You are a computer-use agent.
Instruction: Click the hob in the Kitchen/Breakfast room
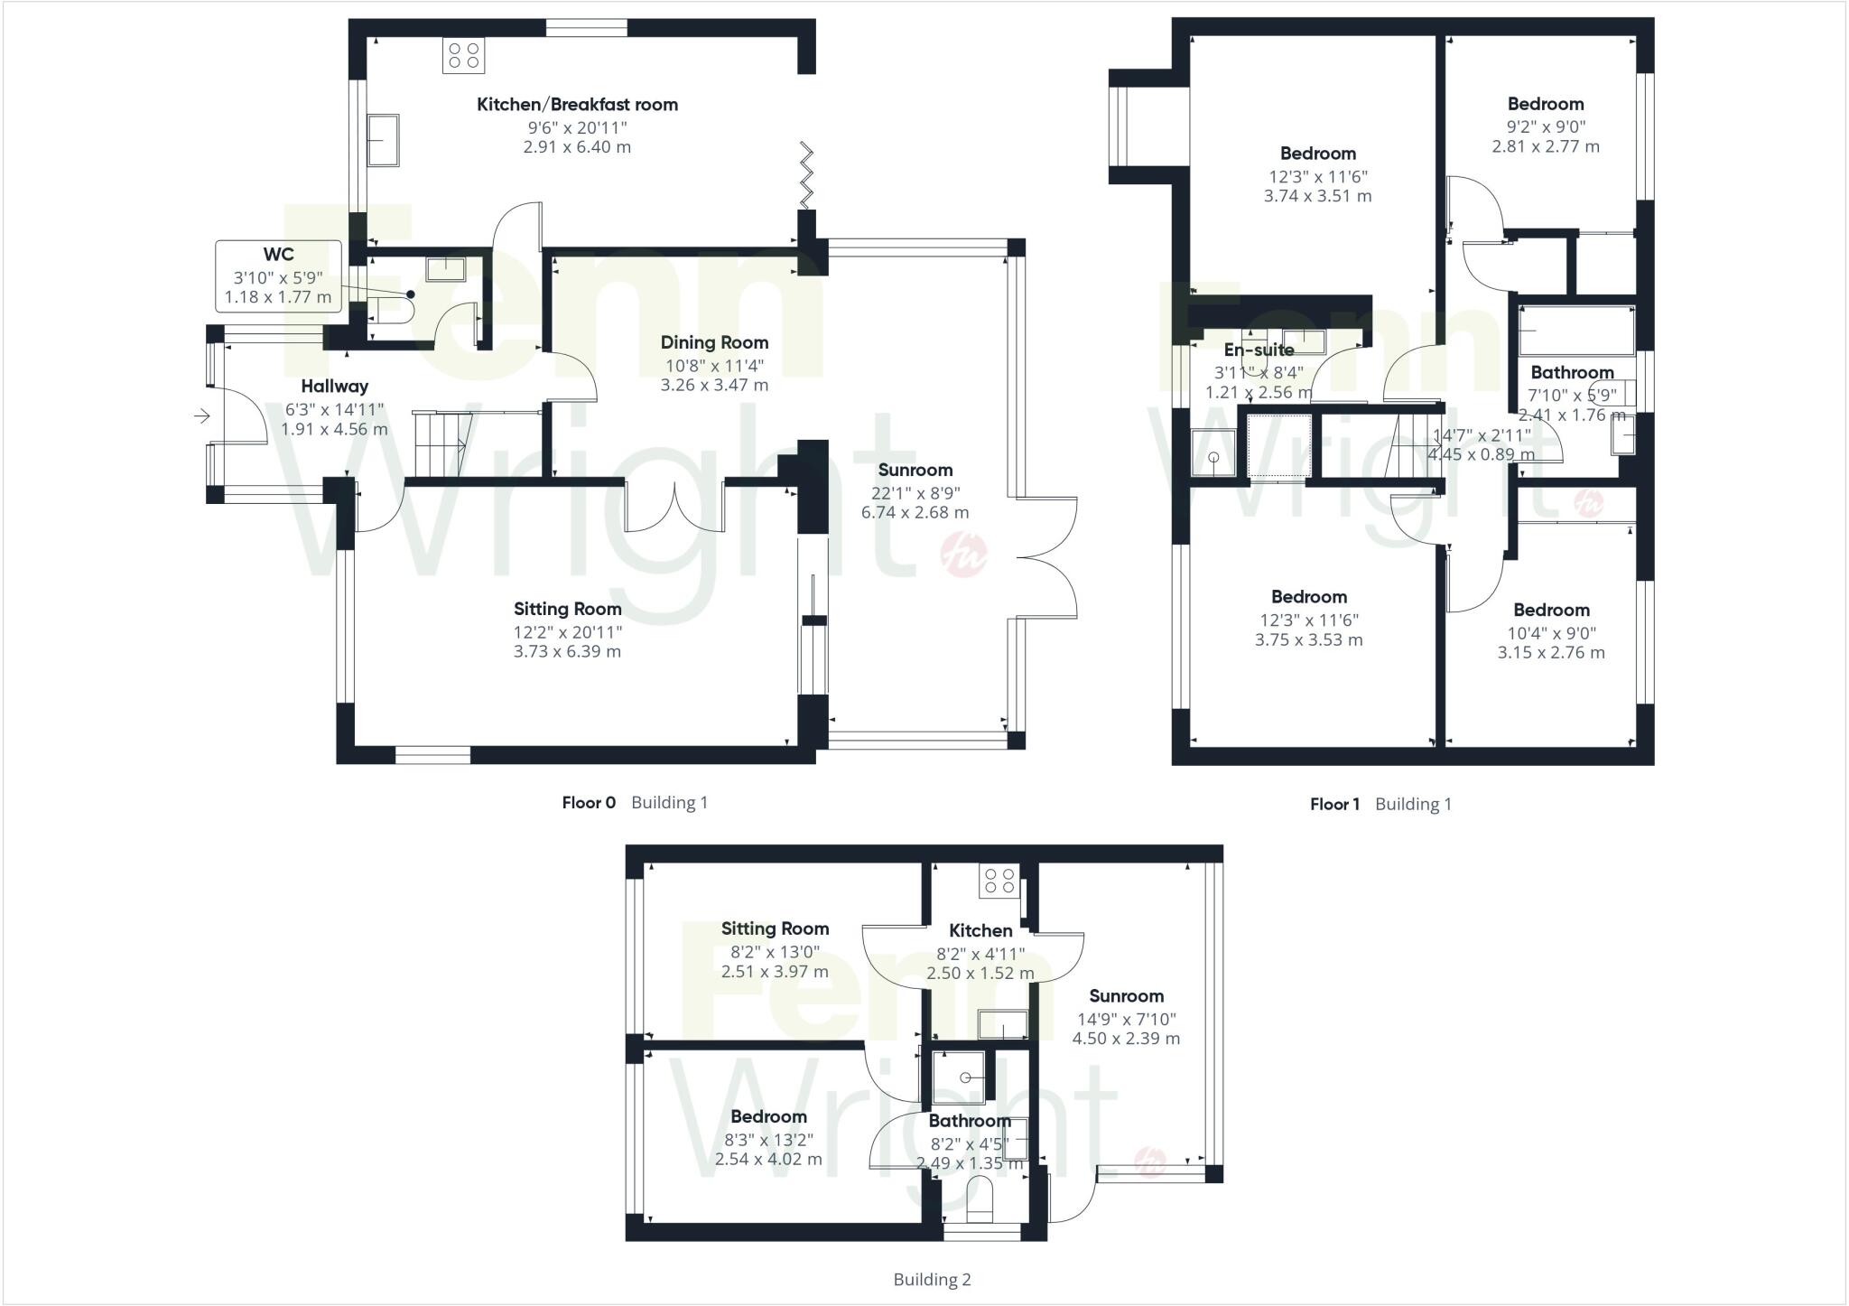pyautogui.click(x=463, y=55)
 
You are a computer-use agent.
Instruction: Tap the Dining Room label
pyautogui.click(x=714, y=342)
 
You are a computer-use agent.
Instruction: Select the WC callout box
pyautogui.click(x=278, y=275)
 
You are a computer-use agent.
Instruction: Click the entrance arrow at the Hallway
pyautogui.click(x=201, y=416)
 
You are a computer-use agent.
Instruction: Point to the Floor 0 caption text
pyautogui.click(x=589, y=802)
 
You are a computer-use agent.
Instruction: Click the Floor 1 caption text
pyautogui.click(x=1334, y=804)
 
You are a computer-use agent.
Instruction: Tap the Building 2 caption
pyautogui.click(x=932, y=1279)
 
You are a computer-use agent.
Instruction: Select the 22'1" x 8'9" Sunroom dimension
pyautogui.click(x=915, y=493)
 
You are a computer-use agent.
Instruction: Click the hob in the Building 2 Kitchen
pyautogui.click(x=999, y=882)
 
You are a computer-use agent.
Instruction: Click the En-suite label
pyautogui.click(x=1259, y=350)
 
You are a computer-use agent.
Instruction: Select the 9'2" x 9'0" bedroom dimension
pyautogui.click(x=1546, y=127)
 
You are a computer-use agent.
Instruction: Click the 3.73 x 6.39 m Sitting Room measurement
pyautogui.click(x=567, y=651)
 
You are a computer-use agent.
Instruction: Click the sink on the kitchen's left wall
pyautogui.click(x=384, y=140)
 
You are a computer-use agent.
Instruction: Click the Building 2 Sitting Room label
pyautogui.click(x=775, y=928)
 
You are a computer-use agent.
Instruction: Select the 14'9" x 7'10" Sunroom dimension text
pyautogui.click(x=1126, y=1019)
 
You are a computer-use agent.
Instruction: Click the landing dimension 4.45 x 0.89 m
pyautogui.click(x=1481, y=454)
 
